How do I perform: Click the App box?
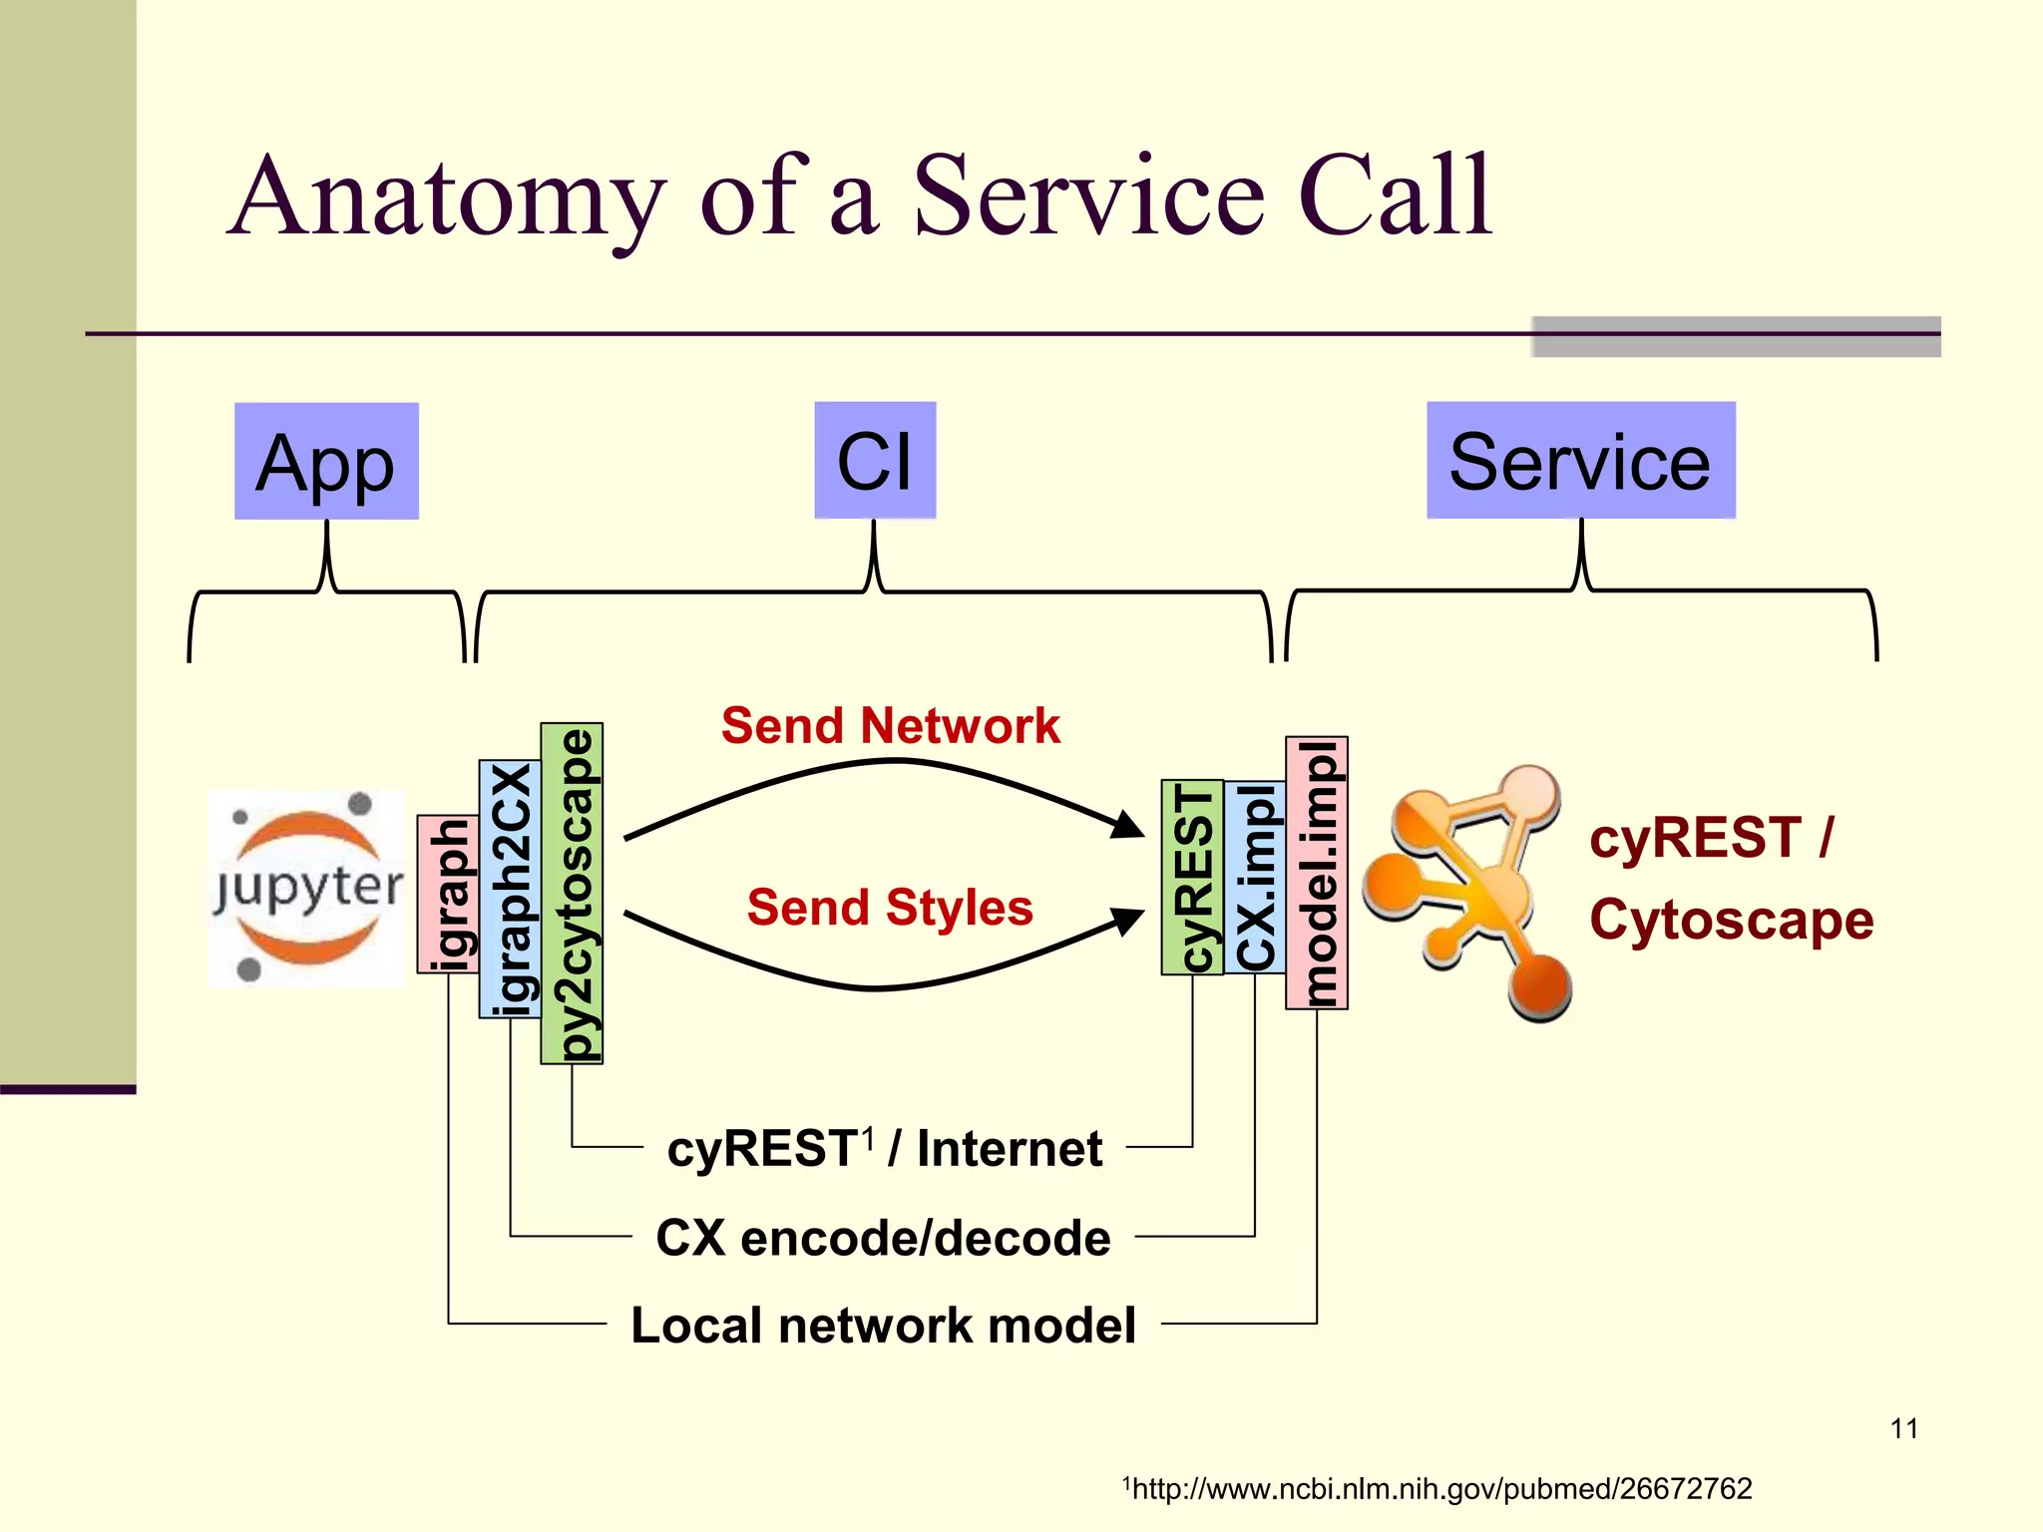point(326,462)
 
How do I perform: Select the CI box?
point(875,462)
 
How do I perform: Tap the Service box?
point(1580,462)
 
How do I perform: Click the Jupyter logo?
point(307,888)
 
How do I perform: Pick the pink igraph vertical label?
point(448,894)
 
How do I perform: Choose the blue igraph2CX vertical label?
point(510,889)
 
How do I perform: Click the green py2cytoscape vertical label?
point(572,894)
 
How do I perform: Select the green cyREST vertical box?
point(1192,877)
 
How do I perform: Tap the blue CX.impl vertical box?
point(1254,877)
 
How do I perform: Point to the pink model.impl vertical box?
point(1316,873)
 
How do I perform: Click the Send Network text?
point(890,725)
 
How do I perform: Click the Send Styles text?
point(890,908)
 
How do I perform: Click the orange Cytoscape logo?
point(1466,891)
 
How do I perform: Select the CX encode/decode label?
point(883,1238)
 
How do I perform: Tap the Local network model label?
point(883,1326)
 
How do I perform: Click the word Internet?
point(1009,1149)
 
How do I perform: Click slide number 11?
point(1903,1428)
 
